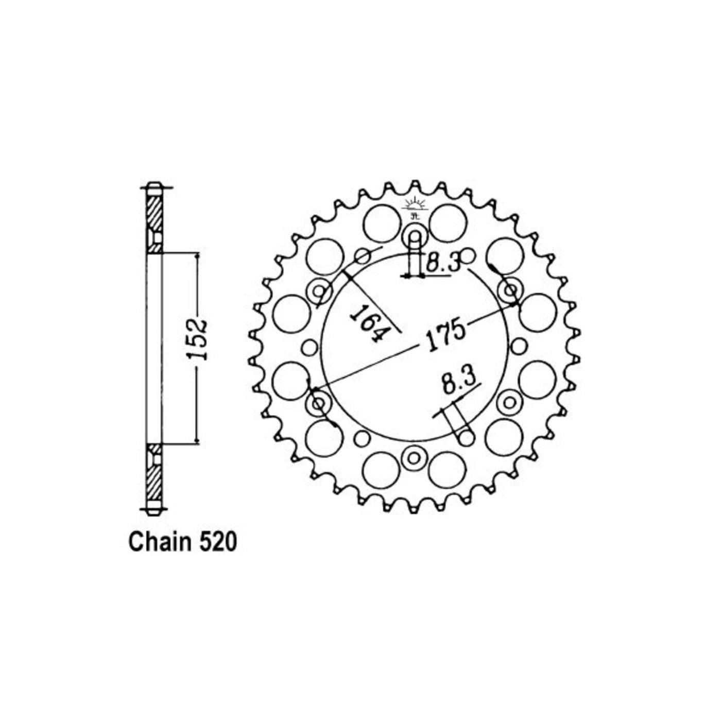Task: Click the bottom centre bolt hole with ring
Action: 414,457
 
